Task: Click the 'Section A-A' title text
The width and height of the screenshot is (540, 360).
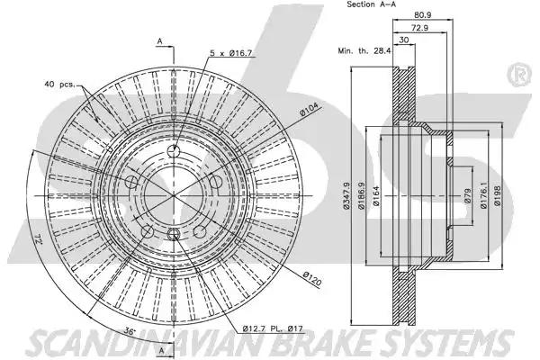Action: point(371,4)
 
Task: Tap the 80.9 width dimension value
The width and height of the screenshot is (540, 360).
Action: point(423,15)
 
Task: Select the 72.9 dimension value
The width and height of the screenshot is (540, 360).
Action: point(419,28)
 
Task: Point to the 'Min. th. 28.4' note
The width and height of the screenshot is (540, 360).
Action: point(364,51)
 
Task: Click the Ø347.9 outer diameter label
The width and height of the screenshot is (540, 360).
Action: point(346,195)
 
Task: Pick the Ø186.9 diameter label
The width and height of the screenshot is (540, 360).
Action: point(361,195)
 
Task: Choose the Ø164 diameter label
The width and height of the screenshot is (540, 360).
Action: point(375,195)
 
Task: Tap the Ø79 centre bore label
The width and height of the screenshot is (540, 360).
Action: point(467,195)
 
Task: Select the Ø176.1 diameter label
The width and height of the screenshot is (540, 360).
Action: point(483,195)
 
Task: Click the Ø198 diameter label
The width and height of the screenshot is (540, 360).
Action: point(498,195)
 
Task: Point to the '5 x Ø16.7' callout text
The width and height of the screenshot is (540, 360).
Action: point(231,53)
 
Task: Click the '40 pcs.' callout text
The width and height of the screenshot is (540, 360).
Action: point(59,84)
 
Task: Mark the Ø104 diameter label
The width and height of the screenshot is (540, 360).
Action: point(310,110)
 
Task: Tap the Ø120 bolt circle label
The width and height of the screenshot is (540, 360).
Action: point(312,279)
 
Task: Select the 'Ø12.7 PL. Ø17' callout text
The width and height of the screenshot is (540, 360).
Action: point(273,328)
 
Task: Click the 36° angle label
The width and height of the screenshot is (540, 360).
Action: point(130,331)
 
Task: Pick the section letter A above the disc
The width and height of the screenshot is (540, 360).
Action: point(160,41)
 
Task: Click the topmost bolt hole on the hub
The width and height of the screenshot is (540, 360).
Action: point(173,150)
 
